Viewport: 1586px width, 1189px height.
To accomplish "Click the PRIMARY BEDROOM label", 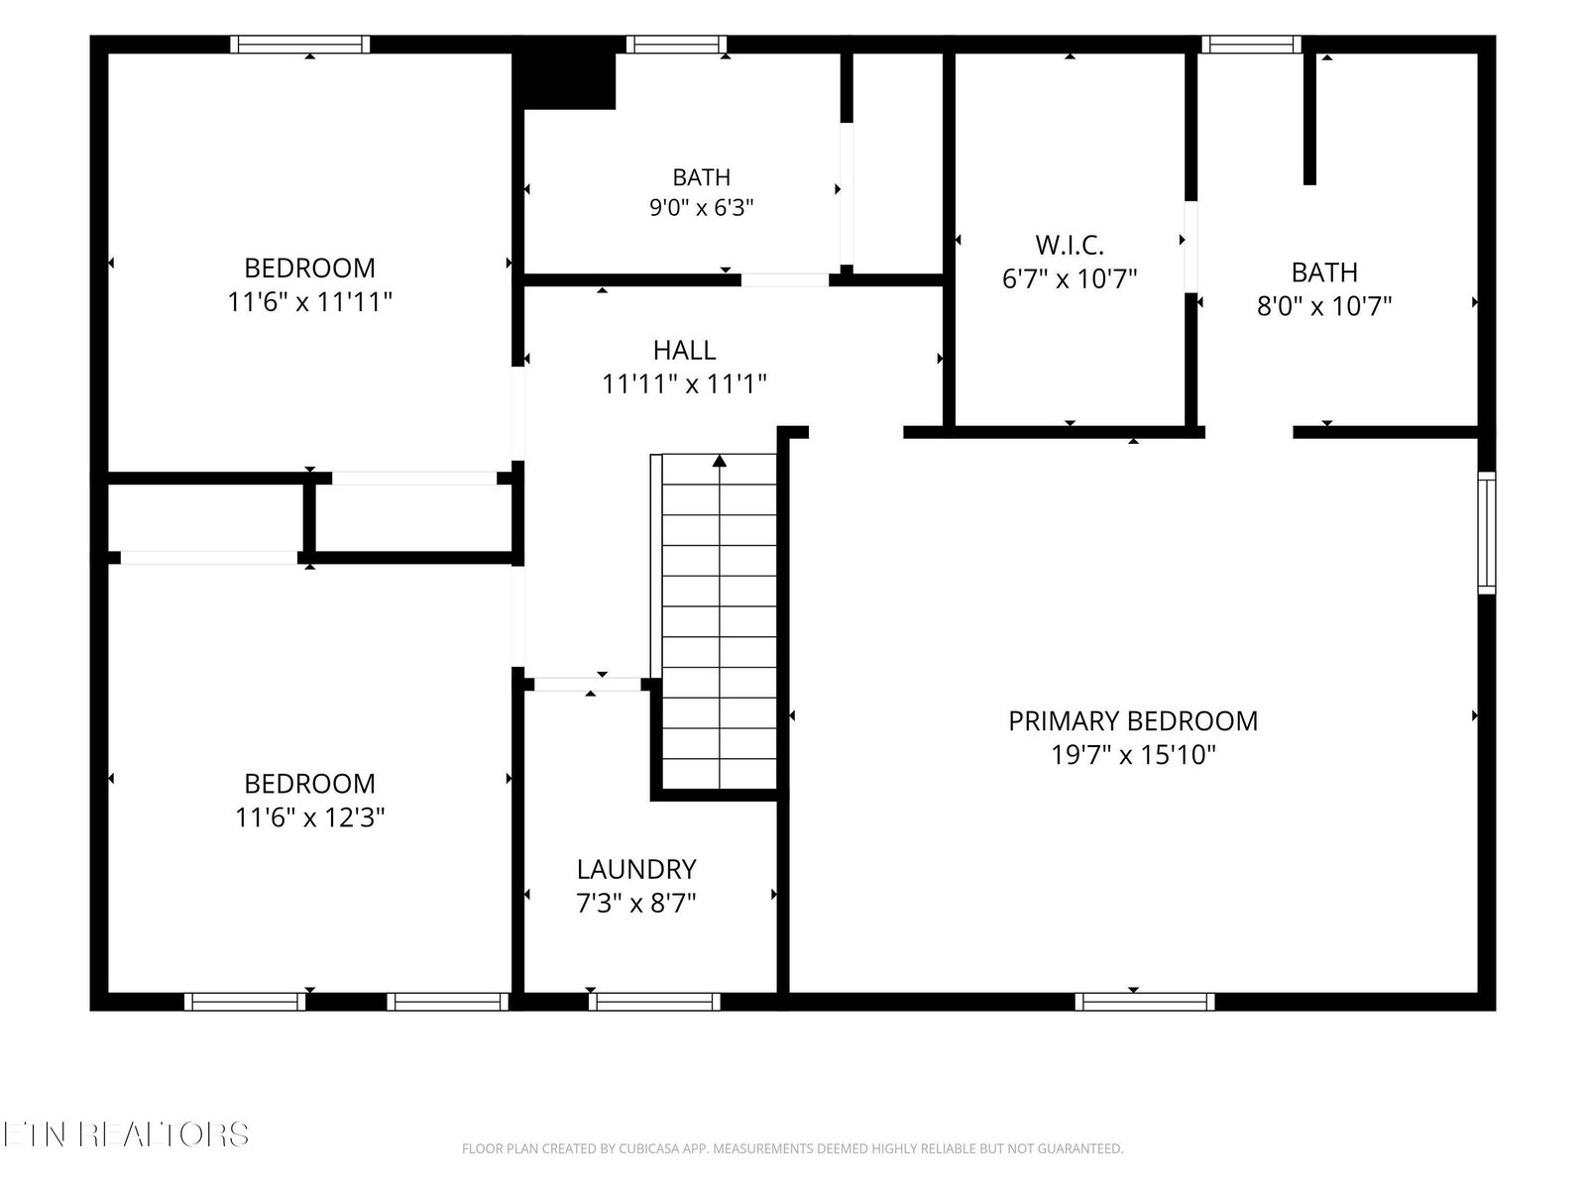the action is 1132,721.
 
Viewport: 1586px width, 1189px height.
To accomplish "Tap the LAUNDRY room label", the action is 635,869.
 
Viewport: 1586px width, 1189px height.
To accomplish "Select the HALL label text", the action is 684,350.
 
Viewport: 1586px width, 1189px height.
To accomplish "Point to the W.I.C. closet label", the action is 1070,246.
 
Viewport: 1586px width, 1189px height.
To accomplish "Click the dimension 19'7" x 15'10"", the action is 1133,755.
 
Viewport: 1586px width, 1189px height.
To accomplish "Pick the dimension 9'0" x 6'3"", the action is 701,208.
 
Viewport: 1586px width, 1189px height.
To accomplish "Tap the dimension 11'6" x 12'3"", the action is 309,818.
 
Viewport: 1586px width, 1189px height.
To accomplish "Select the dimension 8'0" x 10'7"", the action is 1323,306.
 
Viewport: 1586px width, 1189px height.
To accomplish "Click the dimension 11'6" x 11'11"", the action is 309,302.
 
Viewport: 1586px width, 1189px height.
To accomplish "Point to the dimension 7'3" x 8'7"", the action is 635,903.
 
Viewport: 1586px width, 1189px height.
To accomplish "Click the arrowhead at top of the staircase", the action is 719,461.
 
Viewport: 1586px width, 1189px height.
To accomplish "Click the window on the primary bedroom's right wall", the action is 1486,533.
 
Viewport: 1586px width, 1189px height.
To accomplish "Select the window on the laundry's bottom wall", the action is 654,1002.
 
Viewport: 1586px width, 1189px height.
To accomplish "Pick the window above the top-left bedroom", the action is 300,44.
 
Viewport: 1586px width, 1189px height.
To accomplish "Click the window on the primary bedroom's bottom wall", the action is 1145,1002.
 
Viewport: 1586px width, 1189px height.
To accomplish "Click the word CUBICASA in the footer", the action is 646,1148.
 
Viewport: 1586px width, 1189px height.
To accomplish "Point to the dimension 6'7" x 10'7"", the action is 1070,278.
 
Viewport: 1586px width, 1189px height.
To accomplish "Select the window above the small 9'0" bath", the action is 676,44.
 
